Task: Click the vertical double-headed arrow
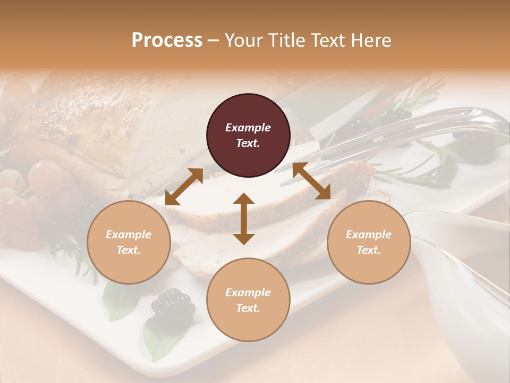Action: [x=244, y=219]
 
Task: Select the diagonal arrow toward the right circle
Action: [x=311, y=181]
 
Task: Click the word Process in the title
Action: [x=167, y=40]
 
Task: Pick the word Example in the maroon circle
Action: [x=248, y=128]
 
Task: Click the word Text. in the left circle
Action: [x=129, y=250]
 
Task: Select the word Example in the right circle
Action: [x=369, y=235]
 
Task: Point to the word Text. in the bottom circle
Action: [x=248, y=308]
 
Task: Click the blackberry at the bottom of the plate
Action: [x=173, y=305]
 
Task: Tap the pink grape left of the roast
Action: [x=45, y=176]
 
